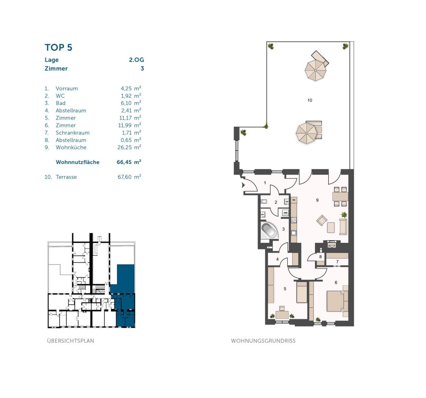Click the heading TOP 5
pos(58,48)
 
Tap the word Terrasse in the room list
pos(66,177)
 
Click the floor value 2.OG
pos(136,60)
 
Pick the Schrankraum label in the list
pos(73,133)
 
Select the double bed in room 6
pos(337,301)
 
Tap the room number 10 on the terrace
pos(310,100)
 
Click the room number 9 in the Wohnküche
pos(317,200)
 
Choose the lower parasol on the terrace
pos(307,133)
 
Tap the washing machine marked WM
pos(285,213)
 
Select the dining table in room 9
pos(340,196)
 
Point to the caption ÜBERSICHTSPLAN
pos(70,341)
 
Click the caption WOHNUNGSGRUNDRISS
pos(263,341)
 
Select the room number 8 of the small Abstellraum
pos(321,257)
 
